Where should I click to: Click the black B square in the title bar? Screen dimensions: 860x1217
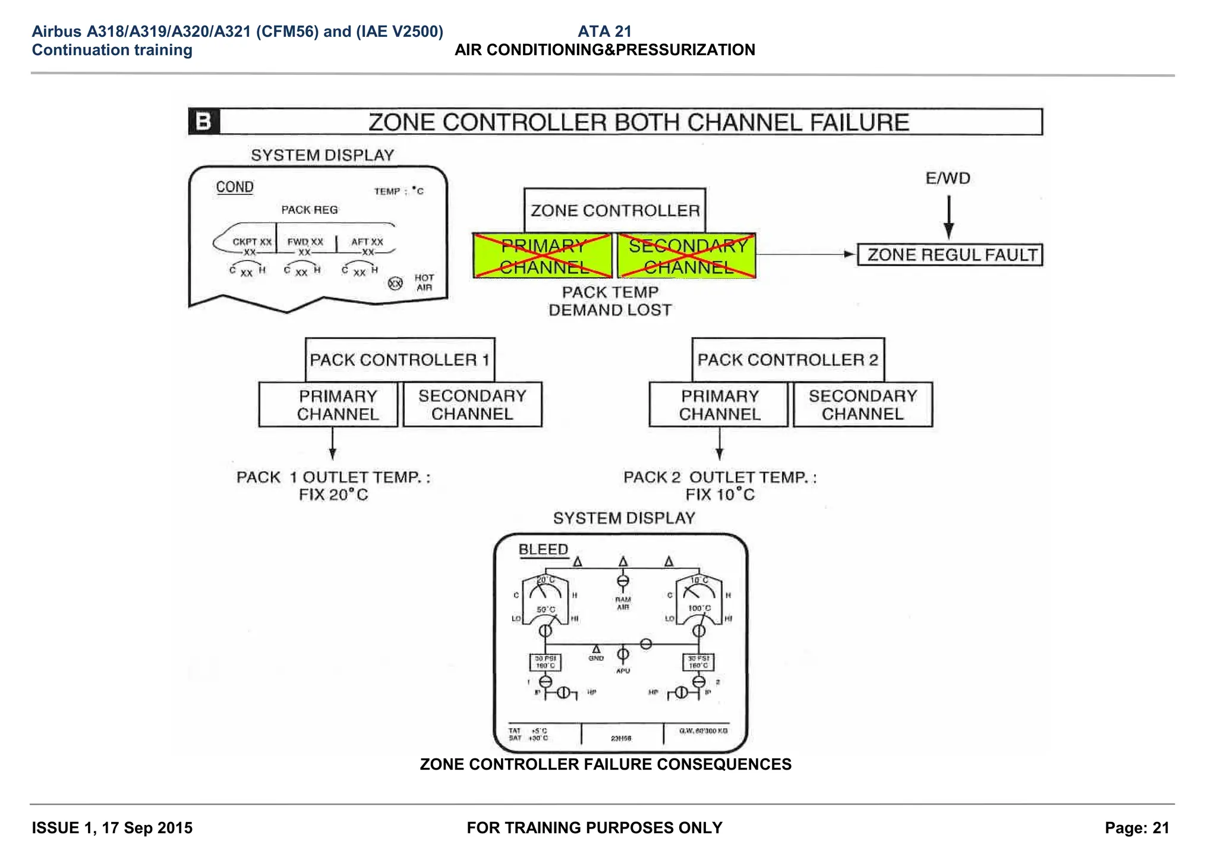point(204,122)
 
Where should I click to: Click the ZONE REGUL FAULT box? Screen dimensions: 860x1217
point(950,255)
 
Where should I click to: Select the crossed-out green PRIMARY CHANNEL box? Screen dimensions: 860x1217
point(543,256)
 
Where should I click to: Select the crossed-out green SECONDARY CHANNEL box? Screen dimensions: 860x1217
point(687,256)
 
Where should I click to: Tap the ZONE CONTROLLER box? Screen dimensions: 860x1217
point(614,210)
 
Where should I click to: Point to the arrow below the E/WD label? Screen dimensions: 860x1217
point(948,217)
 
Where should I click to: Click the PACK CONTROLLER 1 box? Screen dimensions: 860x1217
point(399,360)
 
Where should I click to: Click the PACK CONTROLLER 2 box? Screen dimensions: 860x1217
point(787,360)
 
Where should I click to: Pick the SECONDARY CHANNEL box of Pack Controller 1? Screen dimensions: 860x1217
point(472,405)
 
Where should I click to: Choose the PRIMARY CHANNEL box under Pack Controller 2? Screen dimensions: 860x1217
point(719,405)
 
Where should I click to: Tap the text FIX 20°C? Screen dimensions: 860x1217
point(333,494)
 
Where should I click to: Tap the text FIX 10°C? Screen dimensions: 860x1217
point(720,494)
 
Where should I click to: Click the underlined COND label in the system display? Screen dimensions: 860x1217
point(235,187)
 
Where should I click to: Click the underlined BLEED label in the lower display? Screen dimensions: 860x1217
point(543,549)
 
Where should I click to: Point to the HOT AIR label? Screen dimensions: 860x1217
point(424,283)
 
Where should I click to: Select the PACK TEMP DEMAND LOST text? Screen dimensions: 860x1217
point(610,301)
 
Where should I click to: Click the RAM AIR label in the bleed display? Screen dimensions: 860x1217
point(623,603)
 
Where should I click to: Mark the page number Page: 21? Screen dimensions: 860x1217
point(1137,828)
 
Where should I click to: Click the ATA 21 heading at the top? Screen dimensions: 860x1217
point(604,31)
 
